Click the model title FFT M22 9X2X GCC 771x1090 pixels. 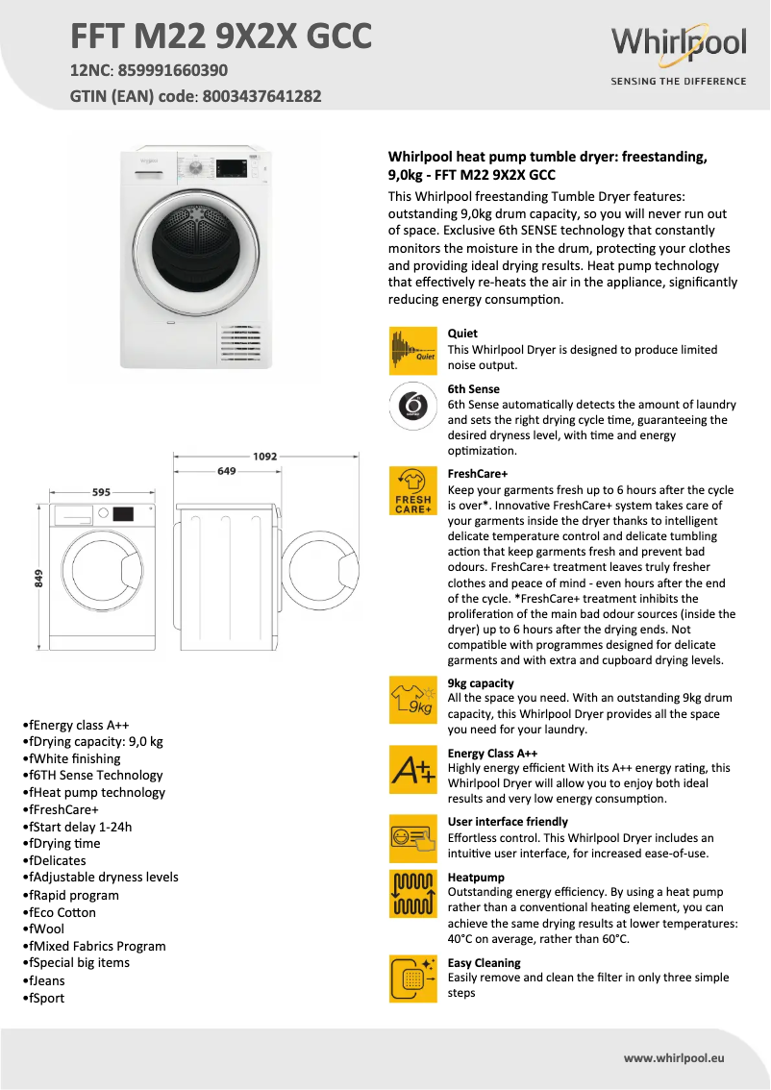coord(220,36)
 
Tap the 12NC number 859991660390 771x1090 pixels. coord(173,70)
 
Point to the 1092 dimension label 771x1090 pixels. coord(265,457)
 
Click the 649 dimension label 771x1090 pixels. coord(227,471)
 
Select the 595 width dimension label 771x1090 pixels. coord(101,492)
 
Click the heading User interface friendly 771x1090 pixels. coord(508,822)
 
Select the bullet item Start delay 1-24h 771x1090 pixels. coord(79,827)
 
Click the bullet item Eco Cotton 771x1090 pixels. coord(62,912)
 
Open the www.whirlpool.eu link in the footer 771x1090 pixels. coord(674,1057)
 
